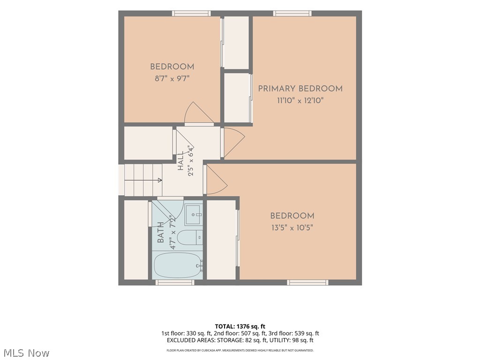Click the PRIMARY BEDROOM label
(300, 89)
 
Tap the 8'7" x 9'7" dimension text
(172, 79)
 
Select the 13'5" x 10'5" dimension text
(292, 228)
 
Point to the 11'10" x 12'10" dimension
(300, 100)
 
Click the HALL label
(180, 161)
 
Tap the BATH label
(160, 232)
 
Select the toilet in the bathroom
(190, 238)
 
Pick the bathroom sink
(194, 215)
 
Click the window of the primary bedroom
(292, 14)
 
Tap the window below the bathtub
(175, 282)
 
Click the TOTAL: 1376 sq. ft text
(240, 326)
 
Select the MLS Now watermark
(26, 353)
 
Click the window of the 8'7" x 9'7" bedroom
(191, 14)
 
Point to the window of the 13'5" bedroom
(307, 282)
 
